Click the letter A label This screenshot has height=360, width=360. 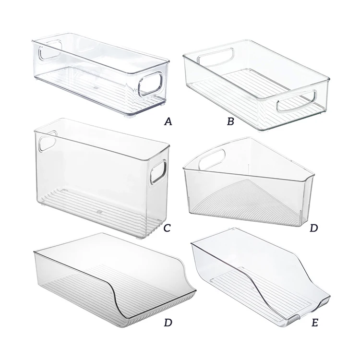click(168, 122)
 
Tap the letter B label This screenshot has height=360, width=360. click(230, 122)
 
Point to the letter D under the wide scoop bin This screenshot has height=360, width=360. click(168, 323)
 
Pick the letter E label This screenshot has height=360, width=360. click(314, 323)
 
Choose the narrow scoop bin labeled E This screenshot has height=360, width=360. click(259, 278)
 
